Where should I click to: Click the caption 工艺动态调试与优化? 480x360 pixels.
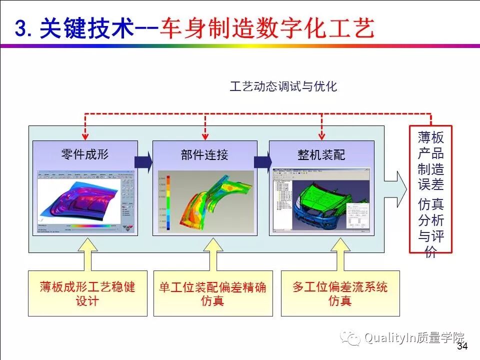pyautogui.click(x=283, y=86)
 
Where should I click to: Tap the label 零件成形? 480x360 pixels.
pyautogui.click(x=84, y=153)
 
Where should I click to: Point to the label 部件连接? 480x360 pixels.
pyautogui.click(x=204, y=154)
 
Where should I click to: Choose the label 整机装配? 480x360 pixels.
pyautogui.click(x=321, y=155)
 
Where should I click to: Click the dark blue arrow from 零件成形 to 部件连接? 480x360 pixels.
pyautogui.click(x=143, y=162)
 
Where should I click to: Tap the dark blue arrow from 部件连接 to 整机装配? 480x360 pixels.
pyautogui.click(x=262, y=162)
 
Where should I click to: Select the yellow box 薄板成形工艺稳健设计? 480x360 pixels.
pyautogui.click(x=87, y=293)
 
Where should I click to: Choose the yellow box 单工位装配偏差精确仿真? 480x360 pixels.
pyautogui.click(x=212, y=293)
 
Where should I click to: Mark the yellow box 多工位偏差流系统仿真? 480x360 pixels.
pyautogui.click(x=340, y=293)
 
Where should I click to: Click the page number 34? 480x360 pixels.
pyautogui.click(x=462, y=346)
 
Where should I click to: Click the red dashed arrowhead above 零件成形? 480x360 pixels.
pyautogui.click(x=85, y=135)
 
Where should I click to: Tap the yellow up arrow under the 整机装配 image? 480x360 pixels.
pyautogui.click(x=341, y=255)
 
